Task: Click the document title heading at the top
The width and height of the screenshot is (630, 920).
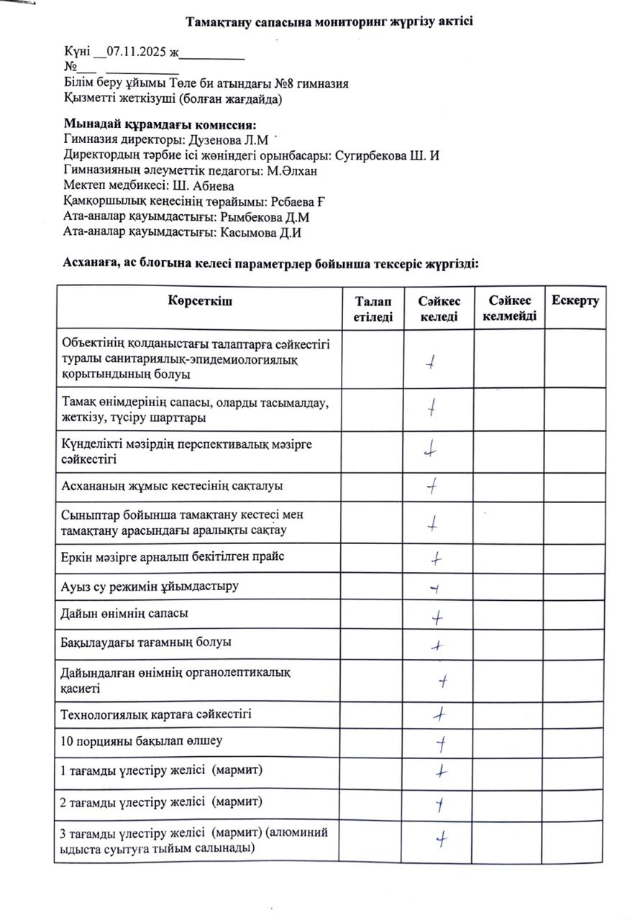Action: coord(329,22)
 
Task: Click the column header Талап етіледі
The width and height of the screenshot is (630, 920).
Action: coord(373,308)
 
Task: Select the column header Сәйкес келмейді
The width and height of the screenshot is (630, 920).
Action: coord(508,308)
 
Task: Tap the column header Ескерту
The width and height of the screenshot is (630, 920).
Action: coord(575,300)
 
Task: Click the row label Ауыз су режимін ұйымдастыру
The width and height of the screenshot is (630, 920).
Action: coord(150,586)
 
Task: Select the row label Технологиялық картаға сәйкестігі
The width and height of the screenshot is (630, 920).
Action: coord(156,714)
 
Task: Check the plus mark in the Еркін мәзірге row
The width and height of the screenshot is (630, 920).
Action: coord(436,558)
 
